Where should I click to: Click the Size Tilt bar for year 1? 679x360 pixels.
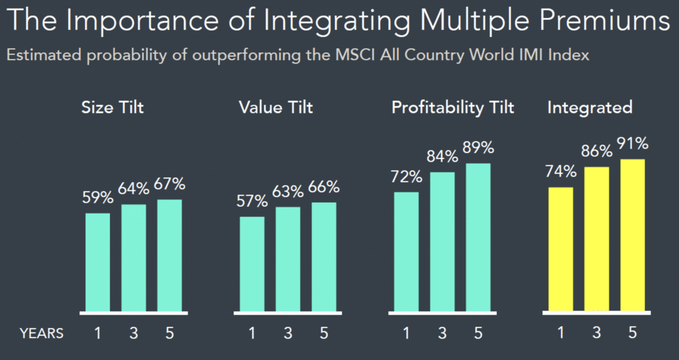(x=97, y=262)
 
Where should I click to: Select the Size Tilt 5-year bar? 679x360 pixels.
(x=169, y=255)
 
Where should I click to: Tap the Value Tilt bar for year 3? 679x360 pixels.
(x=288, y=259)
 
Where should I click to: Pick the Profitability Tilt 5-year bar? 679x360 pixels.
(x=478, y=237)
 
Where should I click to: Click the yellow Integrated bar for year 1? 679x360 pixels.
(x=561, y=249)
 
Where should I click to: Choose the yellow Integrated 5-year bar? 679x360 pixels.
(x=633, y=235)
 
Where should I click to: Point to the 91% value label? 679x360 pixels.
(x=633, y=144)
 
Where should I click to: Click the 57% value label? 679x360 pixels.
(x=252, y=201)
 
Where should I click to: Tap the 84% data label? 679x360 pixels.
(x=442, y=156)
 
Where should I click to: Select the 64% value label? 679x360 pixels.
(x=133, y=189)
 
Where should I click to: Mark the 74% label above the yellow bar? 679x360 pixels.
(x=561, y=171)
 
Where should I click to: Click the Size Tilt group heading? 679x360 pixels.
(x=112, y=107)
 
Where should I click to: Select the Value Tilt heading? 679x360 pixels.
(x=275, y=107)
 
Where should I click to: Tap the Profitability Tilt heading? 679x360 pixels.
(x=453, y=107)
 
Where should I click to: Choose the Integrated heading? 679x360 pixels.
(x=589, y=107)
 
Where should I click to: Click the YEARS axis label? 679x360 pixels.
(x=41, y=333)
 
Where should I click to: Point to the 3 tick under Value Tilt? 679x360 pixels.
(x=288, y=333)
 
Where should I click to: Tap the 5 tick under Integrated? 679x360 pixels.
(x=633, y=333)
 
